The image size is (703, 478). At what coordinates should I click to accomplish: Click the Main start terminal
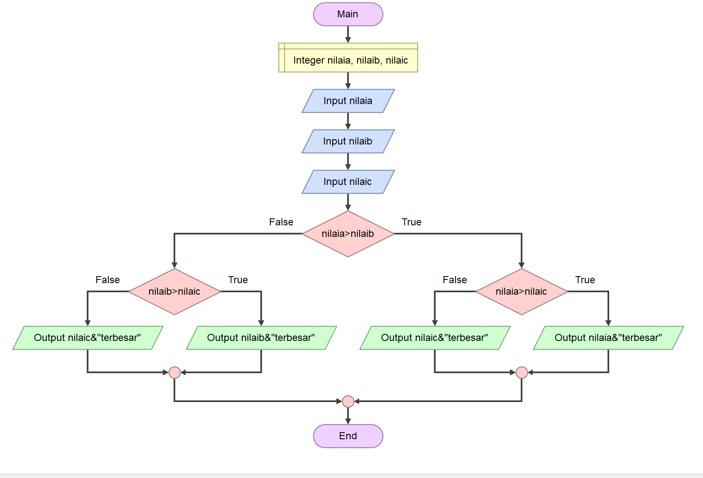(x=348, y=14)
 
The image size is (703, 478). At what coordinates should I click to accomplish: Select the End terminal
(x=348, y=436)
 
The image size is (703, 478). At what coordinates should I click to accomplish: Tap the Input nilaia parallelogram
(x=348, y=101)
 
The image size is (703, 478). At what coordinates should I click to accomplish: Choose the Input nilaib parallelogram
(x=348, y=141)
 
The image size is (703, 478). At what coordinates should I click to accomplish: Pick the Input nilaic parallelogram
(x=348, y=182)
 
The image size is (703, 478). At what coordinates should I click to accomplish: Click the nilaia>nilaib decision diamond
(x=348, y=234)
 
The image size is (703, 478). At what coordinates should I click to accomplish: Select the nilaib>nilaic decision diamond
(x=174, y=291)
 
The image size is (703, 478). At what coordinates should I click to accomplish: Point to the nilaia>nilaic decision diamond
(x=522, y=291)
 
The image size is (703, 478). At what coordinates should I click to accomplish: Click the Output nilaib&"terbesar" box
(x=261, y=338)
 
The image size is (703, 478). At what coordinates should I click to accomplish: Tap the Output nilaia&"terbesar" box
(x=608, y=338)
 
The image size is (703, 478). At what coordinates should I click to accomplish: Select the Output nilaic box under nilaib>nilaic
(x=88, y=338)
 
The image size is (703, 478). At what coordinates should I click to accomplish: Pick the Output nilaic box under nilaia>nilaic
(x=435, y=338)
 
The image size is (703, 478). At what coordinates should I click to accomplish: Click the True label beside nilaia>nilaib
(x=411, y=222)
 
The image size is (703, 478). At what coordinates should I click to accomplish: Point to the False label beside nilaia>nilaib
(x=281, y=222)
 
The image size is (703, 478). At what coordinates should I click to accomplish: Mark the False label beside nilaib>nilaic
(x=107, y=280)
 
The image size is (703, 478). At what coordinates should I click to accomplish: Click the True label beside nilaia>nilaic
(x=585, y=280)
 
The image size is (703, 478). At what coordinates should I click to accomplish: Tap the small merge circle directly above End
(x=348, y=401)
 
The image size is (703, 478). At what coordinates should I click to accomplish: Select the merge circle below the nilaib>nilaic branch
(x=174, y=372)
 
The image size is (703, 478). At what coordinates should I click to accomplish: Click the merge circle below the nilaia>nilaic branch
(x=522, y=372)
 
